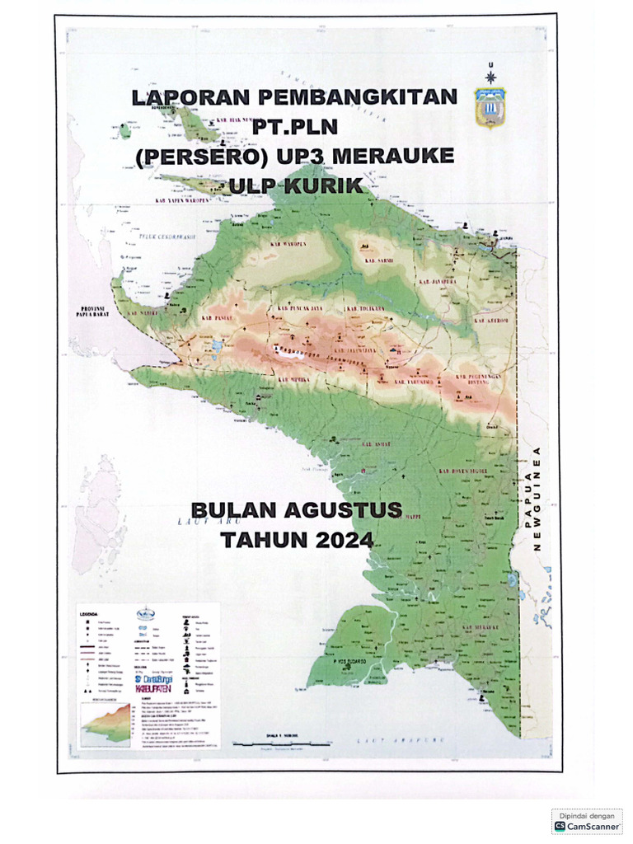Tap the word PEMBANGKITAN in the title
357,98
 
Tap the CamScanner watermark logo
587,824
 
